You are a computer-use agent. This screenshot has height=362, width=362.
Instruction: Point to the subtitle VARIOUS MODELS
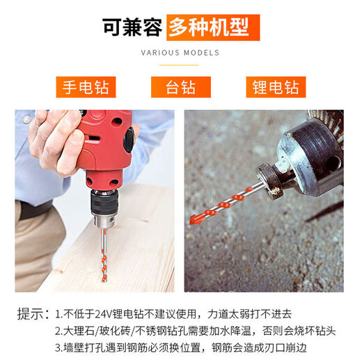[x=180, y=53]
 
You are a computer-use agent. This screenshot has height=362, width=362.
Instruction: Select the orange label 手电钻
[x=86, y=88]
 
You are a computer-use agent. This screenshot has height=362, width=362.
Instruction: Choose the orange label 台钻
[x=180, y=88]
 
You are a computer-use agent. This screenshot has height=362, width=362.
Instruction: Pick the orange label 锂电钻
[x=276, y=88]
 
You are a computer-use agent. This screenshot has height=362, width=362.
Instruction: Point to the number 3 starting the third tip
[x=58, y=347]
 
